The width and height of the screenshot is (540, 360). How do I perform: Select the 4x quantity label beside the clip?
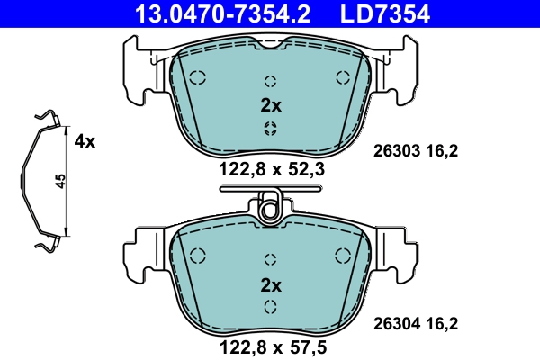coord(85,141)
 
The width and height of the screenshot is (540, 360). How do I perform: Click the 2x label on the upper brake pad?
coord(271,105)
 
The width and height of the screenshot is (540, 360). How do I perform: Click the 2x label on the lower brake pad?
coord(271,285)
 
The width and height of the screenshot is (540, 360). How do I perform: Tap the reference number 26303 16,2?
coord(416,153)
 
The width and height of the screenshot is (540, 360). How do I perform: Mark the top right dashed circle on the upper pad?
coord(341,76)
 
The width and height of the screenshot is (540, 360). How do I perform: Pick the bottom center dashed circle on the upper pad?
coord(269,128)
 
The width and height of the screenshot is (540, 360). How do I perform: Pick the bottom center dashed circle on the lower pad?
coord(269,307)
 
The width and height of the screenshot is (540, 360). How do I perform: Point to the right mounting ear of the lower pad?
coord(402,252)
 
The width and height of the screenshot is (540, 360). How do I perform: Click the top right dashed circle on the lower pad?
coord(341,255)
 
